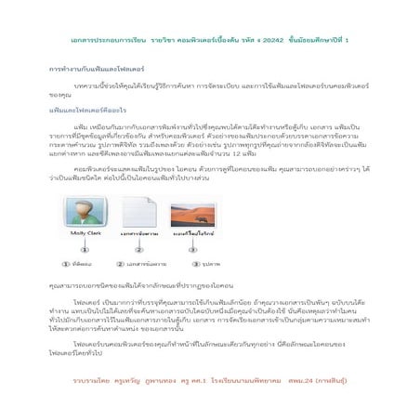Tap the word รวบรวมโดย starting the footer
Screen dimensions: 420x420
(x=91, y=380)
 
